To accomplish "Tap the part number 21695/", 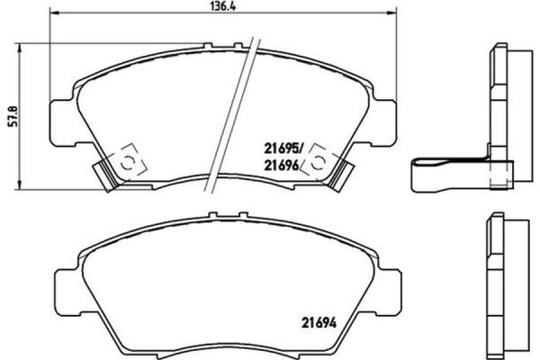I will click(x=282, y=144).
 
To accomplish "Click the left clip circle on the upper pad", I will click(x=127, y=163).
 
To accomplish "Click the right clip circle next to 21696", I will click(x=316, y=162).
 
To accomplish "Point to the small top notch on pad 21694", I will click(x=211, y=217).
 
